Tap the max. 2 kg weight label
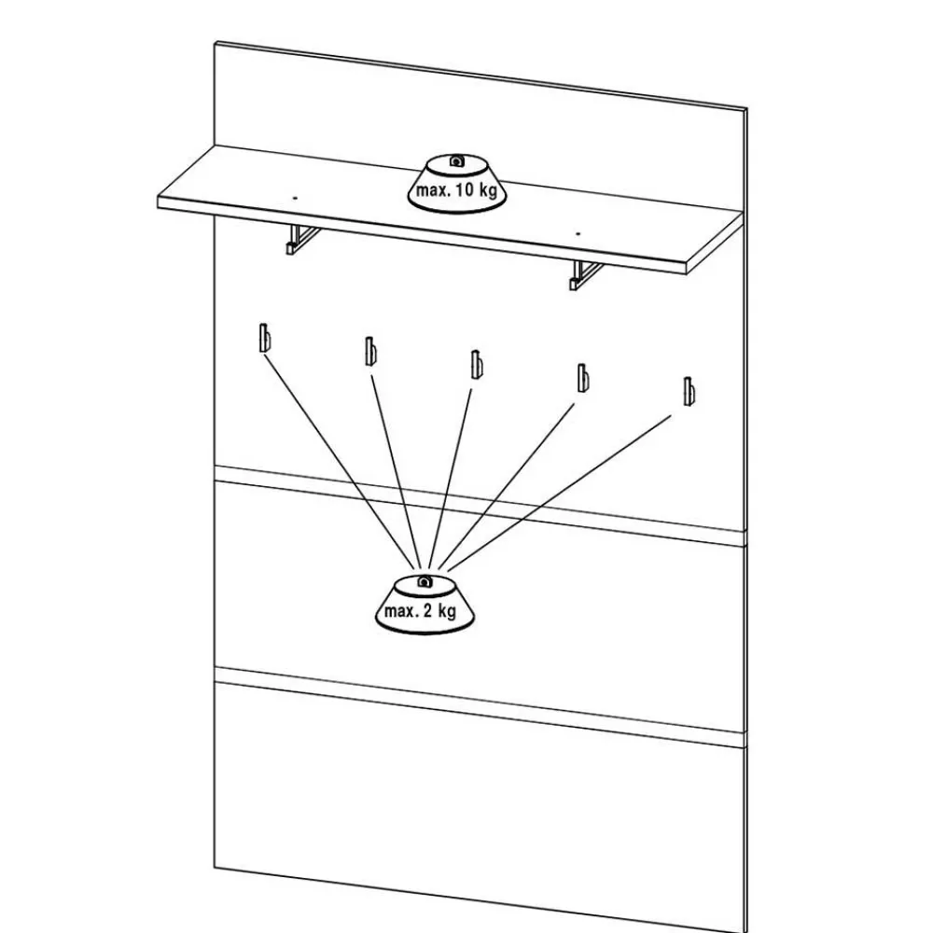[420, 613]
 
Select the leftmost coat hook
[265, 338]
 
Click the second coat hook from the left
[370, 352]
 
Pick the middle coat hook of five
[476, 364]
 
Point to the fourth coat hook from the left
[582, 377]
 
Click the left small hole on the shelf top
[293, 198]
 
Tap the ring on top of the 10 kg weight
[455, 161]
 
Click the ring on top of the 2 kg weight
[424, 582]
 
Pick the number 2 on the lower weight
[428, 613]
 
